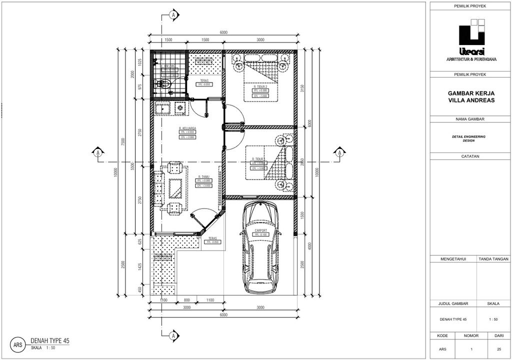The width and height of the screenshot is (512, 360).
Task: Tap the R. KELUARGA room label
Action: (187, 128)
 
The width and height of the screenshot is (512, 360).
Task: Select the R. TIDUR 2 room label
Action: (260, 86)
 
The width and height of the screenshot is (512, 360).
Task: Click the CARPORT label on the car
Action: (260, 230)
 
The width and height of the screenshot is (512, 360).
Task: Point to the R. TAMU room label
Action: (203, 176)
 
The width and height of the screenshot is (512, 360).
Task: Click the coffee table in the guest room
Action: (176, 188)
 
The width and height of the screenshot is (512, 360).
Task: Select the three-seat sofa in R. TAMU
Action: (159, 188)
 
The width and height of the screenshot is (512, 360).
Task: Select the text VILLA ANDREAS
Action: (471, 100)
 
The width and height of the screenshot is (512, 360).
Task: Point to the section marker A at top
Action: (173, 15)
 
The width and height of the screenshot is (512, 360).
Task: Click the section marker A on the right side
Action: (338, 152)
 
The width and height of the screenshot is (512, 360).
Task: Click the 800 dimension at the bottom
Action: (186, 300)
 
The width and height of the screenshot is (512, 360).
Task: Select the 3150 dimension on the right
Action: (302, 88)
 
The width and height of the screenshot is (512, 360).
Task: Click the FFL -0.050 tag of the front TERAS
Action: (212, 242)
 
